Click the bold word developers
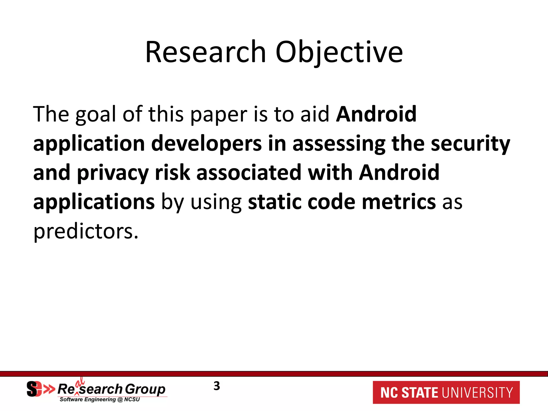[206, 144]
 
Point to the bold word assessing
[339, 144]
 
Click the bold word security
[470, 144]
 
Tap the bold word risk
[173, 173]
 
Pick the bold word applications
[94, 202]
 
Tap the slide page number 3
[217, 386]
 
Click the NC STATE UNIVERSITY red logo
[446, 393]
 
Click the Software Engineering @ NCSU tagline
[100, 399]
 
